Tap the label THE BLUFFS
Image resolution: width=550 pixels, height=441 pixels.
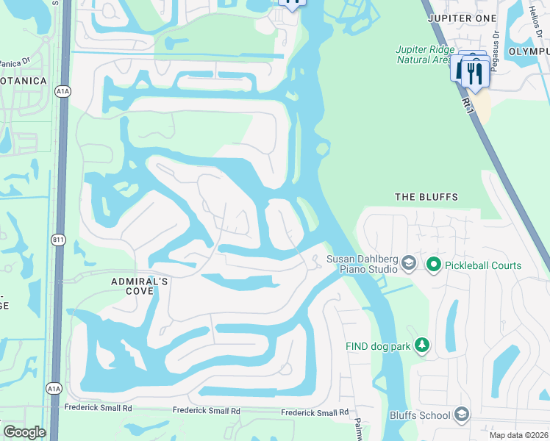426,197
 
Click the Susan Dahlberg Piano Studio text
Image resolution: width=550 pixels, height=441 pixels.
362,264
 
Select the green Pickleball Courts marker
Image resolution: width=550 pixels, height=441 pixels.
434,265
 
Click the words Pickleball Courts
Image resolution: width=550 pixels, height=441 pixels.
482,265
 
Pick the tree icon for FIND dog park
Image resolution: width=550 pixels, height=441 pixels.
422,345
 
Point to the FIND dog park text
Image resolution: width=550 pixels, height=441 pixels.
378,345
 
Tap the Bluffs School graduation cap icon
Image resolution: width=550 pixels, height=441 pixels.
462,415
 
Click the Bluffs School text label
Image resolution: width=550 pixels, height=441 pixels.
420,415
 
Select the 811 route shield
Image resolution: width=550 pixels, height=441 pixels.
59,240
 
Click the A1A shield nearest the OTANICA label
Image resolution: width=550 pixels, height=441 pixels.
63,91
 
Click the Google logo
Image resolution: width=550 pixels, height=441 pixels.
24,432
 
